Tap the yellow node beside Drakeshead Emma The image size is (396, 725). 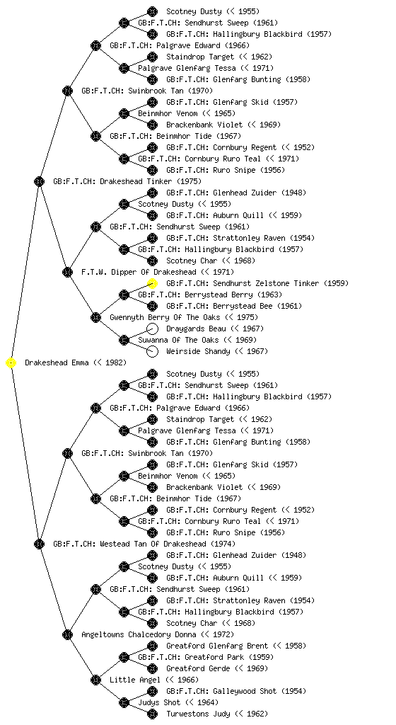11,363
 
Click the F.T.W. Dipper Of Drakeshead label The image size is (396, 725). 158,272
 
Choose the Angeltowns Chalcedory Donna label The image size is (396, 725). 158,634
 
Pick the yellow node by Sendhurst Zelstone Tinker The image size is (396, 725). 152,283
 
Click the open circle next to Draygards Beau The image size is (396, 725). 152,329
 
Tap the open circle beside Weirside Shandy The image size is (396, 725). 152,351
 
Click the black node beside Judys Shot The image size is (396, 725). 124,702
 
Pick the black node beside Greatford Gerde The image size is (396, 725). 152,668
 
